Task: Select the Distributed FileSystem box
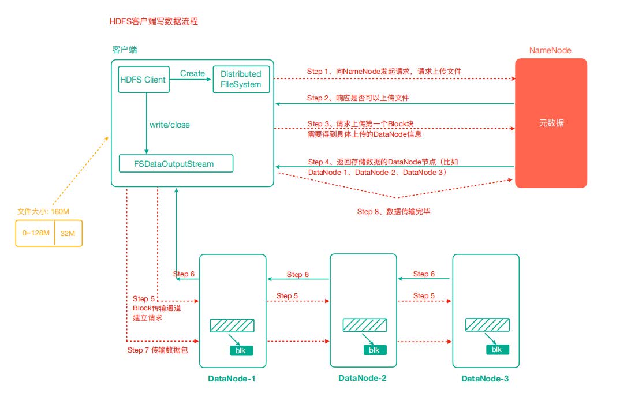(x=241, y=80)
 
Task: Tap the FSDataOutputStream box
(x=176, y=163)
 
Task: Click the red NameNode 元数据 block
(x=551, y=123)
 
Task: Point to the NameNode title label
(x=550, y=50)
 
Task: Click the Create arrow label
(x=192, y=73)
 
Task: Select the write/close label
(x=169, y=125)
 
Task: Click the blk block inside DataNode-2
(x=374, y=350)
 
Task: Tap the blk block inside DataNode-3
(x=496, y=349)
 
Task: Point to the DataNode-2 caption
(x=363, y=379)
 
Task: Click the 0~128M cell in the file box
(x=35, y=233)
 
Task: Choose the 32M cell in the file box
(x=69, y=233)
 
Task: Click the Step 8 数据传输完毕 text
(x=394, y=212)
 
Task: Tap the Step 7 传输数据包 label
(x=158, y=350)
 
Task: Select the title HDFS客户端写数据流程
(x=154, y=21)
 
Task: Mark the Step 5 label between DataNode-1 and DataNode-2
(x=287, y=296)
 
